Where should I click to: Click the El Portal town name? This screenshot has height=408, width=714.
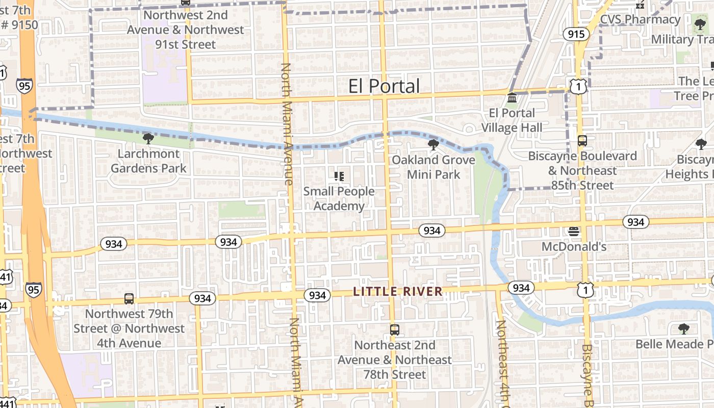[x=384, y=86]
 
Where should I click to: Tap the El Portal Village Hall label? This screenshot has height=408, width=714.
[x=512, y=120]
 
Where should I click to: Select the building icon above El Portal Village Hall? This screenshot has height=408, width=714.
[x=512, y=97]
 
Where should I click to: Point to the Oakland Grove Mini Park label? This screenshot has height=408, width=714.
[x=433, y=167]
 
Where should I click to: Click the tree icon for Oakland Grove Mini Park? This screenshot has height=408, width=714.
[x=433, y=145]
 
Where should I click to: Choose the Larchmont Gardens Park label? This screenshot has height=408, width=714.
[x=148, y=161]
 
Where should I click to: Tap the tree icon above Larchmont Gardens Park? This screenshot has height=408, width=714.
[x=148, y=138]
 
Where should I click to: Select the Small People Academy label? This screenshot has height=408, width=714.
[x=339, y=198]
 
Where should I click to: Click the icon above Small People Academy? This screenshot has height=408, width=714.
[x=339, y=176]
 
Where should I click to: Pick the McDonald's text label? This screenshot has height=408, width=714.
[x=574, y=247]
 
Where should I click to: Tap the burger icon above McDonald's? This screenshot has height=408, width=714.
[x=574, y=232]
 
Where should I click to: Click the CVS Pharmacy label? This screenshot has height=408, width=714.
[x=640, y=20]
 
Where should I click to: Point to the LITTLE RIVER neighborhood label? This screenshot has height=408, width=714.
[x=398, y=292]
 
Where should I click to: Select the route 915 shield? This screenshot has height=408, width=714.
[x=576, y=34]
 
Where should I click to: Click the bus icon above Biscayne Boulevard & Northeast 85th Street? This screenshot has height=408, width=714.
[x=582, y=140]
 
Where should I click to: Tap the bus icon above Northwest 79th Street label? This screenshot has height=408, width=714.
[x=129, y=299]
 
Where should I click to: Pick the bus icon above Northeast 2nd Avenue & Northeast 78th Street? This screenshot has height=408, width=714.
[x=394, y=329]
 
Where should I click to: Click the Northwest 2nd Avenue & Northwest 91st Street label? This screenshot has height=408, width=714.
[x=186, y=30]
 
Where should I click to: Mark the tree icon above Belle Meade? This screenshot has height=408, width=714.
[x=683, y=329]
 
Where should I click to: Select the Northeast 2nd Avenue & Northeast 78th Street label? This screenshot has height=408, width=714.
[x=395, y=360]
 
